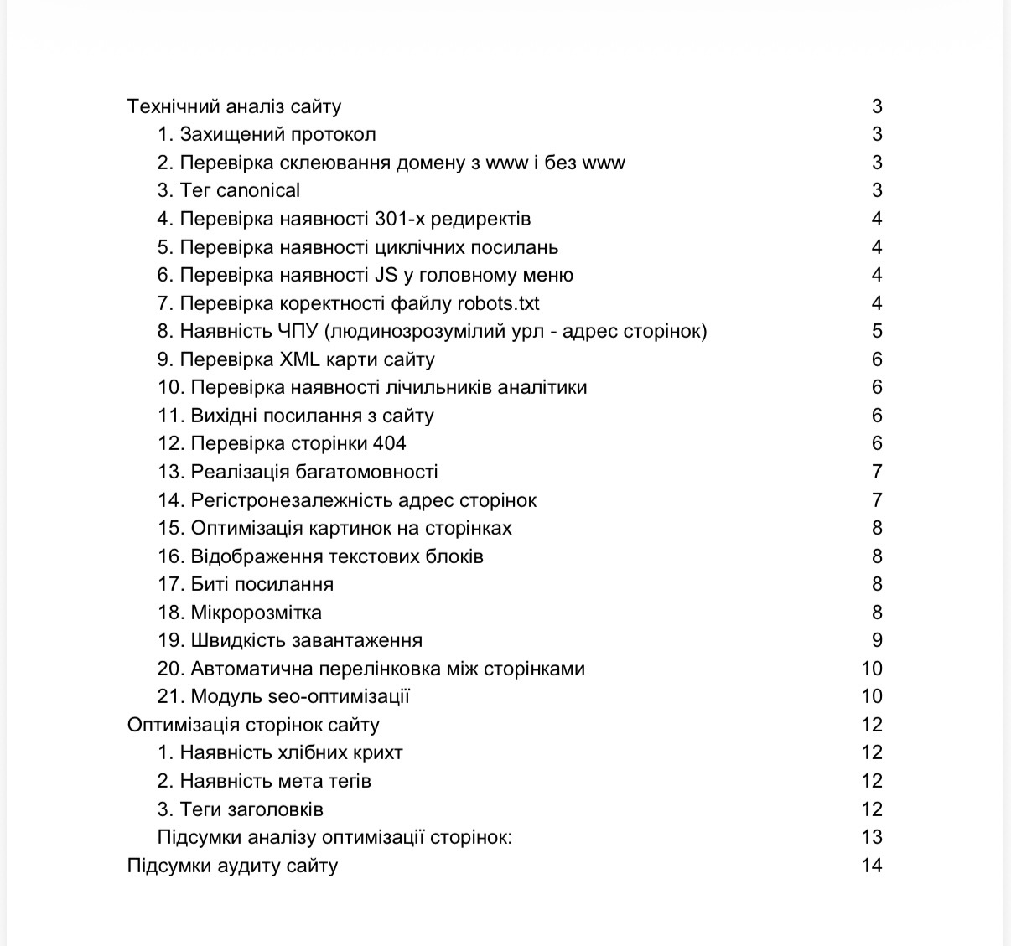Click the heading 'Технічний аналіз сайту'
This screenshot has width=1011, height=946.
pos(234,106)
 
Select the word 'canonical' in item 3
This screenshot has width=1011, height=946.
pos(258,191)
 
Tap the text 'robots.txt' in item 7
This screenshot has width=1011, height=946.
pos(499,303)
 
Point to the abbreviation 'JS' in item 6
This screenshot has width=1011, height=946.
pos(385,276)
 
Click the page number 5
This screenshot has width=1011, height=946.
pos(877,332)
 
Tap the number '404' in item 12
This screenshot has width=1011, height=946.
pos(390,444)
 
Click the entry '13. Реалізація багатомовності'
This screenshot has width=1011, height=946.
pos(298,473)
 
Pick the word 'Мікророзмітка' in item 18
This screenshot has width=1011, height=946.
pos(256,613)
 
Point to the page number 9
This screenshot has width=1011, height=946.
pos(877,641)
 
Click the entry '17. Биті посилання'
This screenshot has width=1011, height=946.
pos(246,585)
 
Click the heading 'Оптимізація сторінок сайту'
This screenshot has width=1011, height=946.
pos(253,726)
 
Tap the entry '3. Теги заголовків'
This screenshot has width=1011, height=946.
pos(241,810)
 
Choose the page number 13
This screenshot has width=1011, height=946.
pos(872,838)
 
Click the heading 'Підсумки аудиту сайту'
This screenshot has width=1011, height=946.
pos(232,866)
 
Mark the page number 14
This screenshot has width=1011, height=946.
pos(872,866)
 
